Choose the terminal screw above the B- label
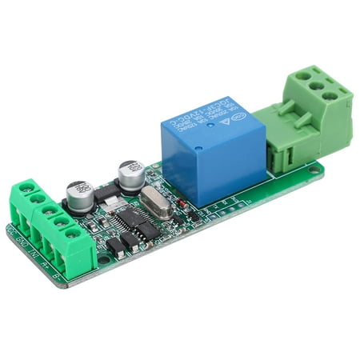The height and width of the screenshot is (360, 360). [74, 234]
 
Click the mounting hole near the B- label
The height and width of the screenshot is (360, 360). [104, 258]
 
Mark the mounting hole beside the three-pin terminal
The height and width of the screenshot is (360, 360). [318, 169]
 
